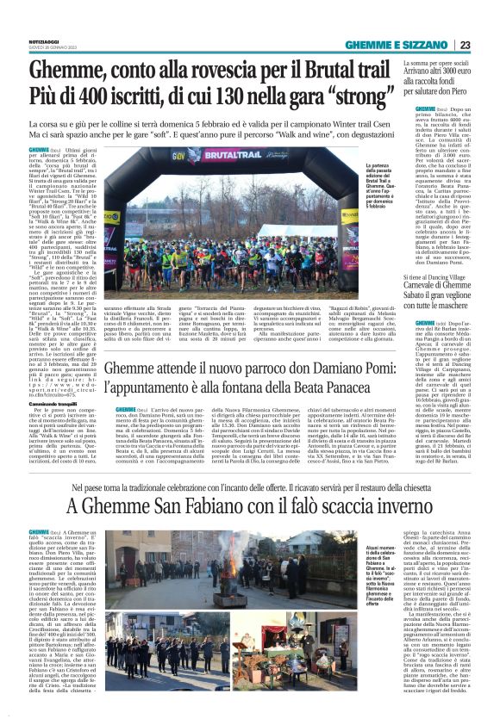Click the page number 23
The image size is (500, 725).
488,45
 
